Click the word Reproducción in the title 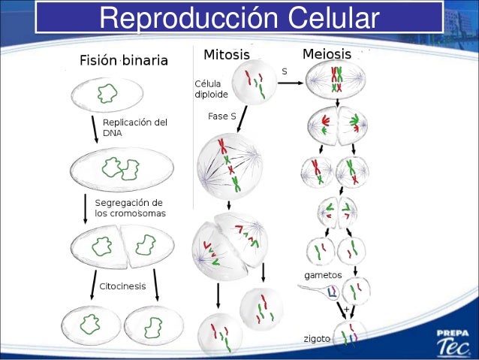177,19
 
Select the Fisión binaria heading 124,60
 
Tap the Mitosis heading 226,55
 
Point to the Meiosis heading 327,54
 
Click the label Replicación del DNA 134,127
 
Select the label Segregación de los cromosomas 130,208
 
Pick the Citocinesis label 122,286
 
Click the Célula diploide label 212,89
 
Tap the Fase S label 223,116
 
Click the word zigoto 316,339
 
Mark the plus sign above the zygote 346,309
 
